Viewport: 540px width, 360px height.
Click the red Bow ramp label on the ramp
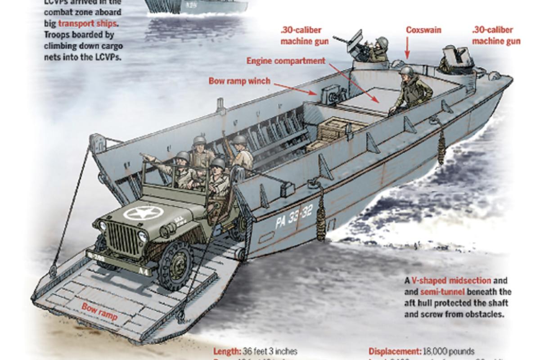pos(99,313)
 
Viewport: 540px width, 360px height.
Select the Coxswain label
pos(423,31)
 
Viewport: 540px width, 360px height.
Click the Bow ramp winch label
pos(239,81)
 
